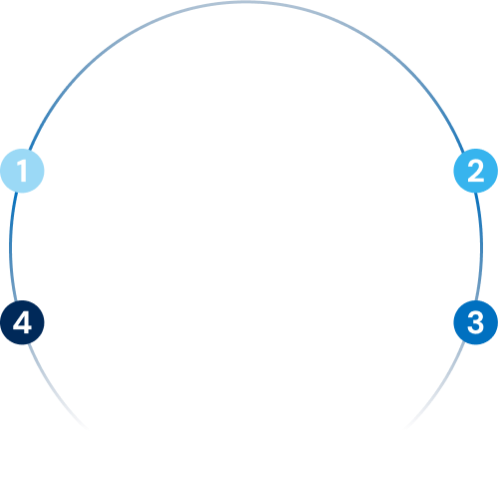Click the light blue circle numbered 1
[x=22, y=171]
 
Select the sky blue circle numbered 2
[x=476, y=171]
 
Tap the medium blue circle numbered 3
[x=476, y=322]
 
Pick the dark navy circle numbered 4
[x=22, y=322]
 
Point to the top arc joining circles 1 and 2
[x=247, y=2]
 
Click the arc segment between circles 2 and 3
[x=481, y=248]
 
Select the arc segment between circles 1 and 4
[x=10, y=248]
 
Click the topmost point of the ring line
[x=247, y=2]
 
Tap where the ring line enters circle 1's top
[x=30, y=150]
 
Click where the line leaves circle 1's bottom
[x=15, y=192]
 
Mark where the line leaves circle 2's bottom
[x=476, y=193]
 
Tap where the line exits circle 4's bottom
[x=29, y=343]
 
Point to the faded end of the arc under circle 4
[x=89, y=430]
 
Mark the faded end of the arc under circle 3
[x=405, y=429]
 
